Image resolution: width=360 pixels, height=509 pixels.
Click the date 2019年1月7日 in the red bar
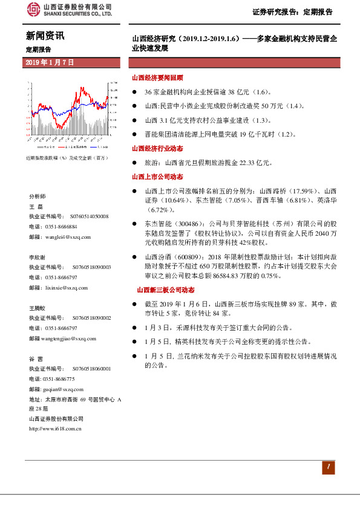pyautogui.click(x=50, y=62)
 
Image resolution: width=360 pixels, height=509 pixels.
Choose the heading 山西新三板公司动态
pyautogui.click(x=166, y=290)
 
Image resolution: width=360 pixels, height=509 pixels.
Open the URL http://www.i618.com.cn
pyautogui.click(x=55, y=428)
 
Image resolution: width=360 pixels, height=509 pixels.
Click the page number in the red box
pyautogui.click(x=327, y=467)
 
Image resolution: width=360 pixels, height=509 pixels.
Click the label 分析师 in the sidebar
pyautogui.click(x=37, y=197)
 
